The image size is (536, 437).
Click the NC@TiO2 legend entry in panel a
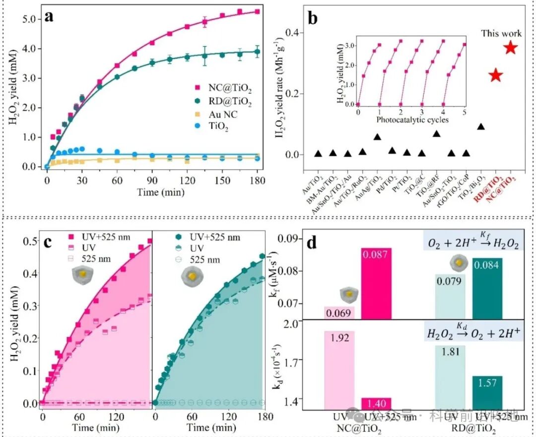tap(223, 90)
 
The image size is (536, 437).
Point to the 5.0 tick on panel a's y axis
tap(33, 19)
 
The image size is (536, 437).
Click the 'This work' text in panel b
tap(501, 33)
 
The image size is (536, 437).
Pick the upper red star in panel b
tap(511, 48)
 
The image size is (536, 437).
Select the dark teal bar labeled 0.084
tap(487, 288)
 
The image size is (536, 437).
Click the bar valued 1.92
tap(339, 370)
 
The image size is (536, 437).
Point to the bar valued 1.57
tap(487, 392)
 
